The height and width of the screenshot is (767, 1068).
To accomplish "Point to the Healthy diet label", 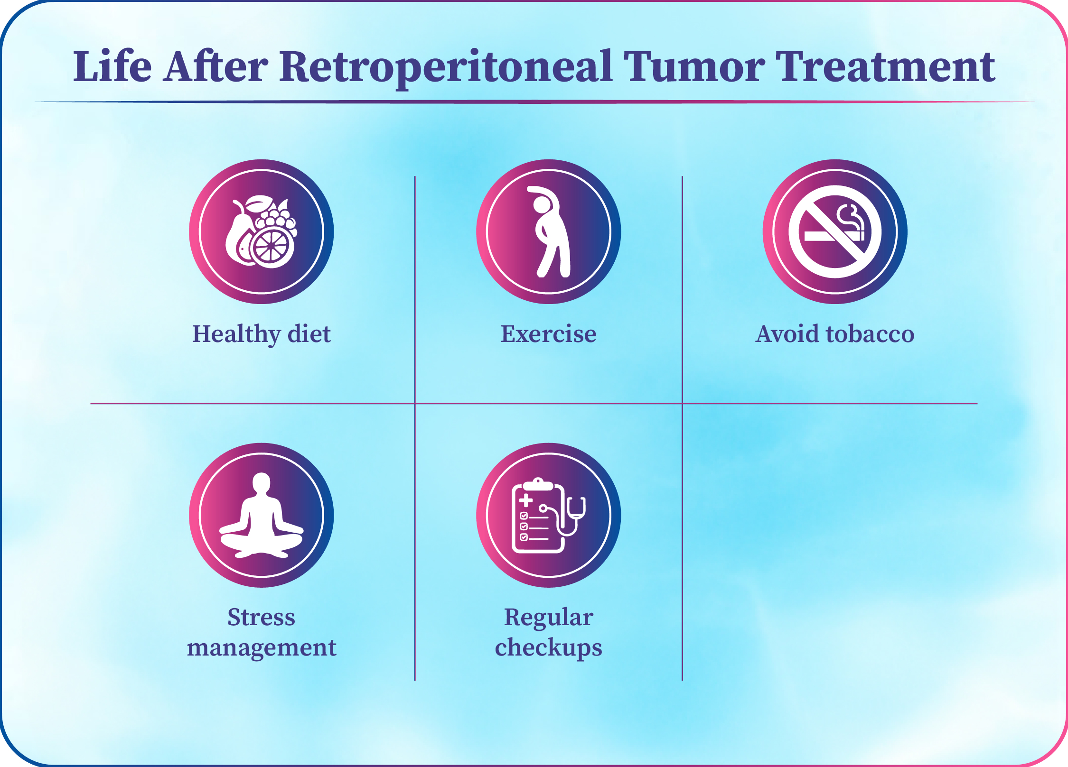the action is [262, 334].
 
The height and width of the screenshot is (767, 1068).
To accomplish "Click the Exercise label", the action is [549, 334].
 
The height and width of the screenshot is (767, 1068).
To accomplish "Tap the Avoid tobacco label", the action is [835, 334].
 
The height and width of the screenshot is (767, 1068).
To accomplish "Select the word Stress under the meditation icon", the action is [262, 617].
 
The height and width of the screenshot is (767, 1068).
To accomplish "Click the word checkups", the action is [549, 648].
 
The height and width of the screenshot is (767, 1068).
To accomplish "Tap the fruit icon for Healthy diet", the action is [262, 231].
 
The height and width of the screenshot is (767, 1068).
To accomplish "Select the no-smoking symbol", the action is [835, 231].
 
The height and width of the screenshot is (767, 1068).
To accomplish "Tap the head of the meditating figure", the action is [262, 483].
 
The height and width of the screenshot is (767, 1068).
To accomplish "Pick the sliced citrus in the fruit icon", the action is [271, 247].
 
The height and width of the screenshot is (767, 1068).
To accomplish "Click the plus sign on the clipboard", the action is [525, 500].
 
